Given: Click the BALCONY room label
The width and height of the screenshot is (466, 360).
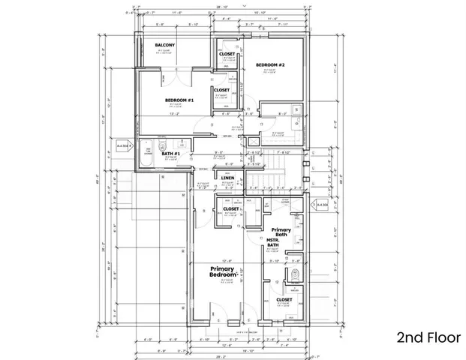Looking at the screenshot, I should tap(165, 46).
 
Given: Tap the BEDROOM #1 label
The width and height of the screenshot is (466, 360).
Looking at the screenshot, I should tap(180, 100).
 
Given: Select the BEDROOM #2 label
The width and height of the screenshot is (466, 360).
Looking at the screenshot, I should tap(271, 65).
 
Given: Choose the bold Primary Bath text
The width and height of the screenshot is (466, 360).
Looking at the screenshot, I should tap(281, 232).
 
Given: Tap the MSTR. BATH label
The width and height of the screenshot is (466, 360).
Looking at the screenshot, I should tap(276, 243).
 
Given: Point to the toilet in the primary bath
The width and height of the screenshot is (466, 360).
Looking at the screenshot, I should tap(295, 274).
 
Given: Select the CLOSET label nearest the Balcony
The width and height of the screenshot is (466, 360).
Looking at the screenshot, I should tap(227, 55).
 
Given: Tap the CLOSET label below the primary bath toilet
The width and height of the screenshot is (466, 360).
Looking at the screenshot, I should tap(284, 300).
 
